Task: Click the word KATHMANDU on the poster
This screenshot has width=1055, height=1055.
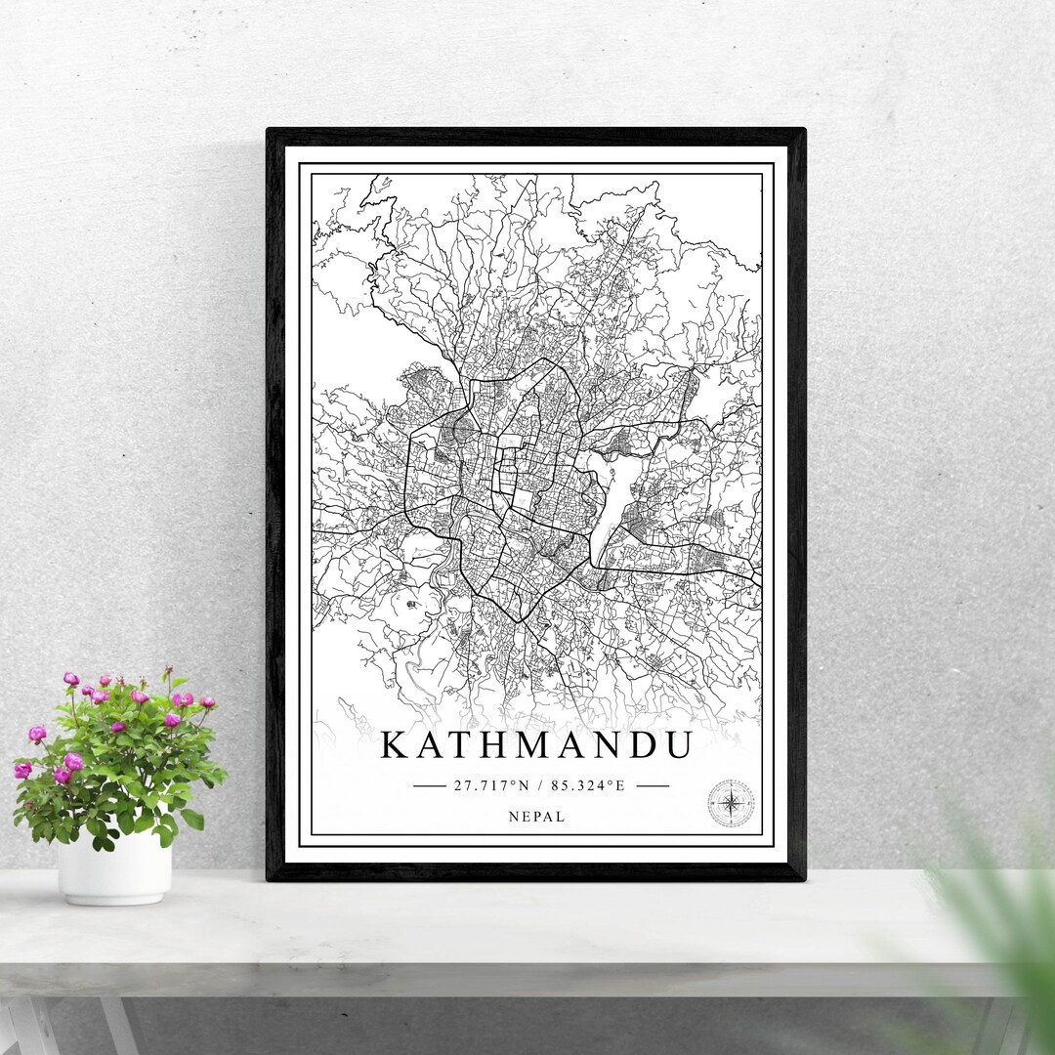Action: pos(535,745)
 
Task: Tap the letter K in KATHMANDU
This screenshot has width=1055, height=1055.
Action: pos(395,745)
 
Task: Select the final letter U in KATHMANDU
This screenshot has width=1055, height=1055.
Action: pos(676,745)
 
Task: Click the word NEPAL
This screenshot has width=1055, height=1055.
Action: pos(535,817)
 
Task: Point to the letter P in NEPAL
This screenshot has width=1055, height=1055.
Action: pos(535,817)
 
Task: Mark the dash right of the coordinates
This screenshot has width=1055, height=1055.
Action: pos(652,785)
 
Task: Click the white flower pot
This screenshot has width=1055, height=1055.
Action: pos(114,867)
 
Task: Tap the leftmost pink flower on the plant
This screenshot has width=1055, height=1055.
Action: pos(22,770)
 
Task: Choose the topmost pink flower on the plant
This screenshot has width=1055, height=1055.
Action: pos(70,678)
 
